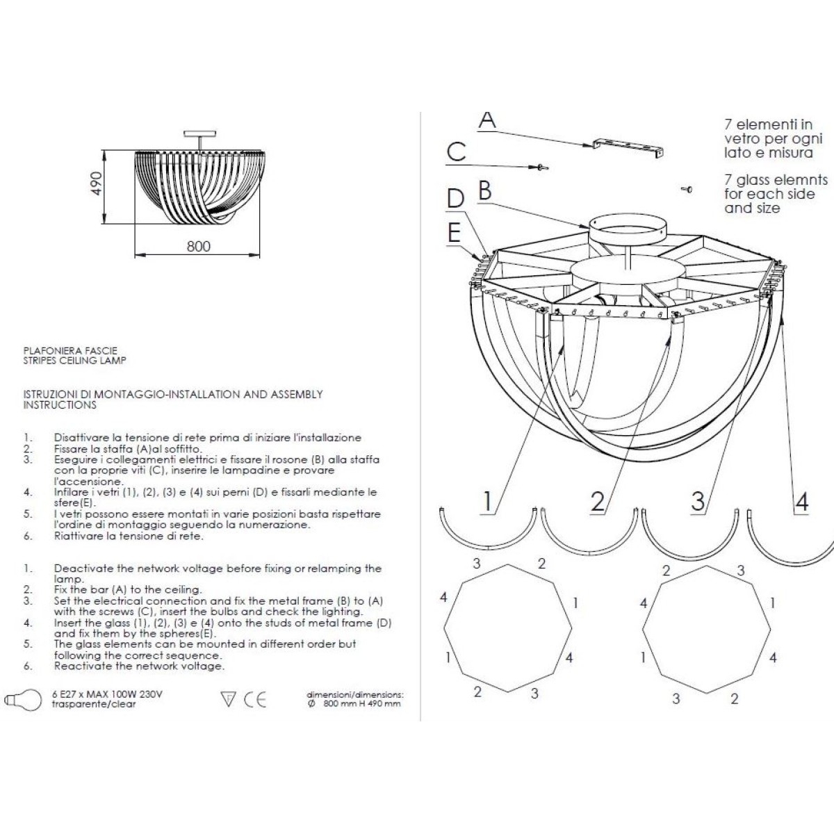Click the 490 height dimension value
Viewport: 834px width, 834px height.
[97, 183]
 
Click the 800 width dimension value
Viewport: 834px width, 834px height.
[198, 246]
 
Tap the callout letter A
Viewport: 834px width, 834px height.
[487, 120]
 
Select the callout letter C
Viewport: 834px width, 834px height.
[456, 152]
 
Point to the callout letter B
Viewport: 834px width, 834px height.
[484, 190]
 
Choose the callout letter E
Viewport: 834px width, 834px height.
[454, 232]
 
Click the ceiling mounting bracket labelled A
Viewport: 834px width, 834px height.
[628, 147]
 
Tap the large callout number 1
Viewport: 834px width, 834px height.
[488, 501]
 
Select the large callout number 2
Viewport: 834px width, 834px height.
[598, 502]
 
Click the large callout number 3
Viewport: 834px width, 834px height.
[698, 502]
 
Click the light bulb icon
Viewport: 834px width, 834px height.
[23, 700]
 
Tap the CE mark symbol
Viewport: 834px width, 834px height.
[255, 699]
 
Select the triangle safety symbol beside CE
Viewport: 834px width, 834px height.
[228, 699]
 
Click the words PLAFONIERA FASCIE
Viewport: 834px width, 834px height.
[70, 350]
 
